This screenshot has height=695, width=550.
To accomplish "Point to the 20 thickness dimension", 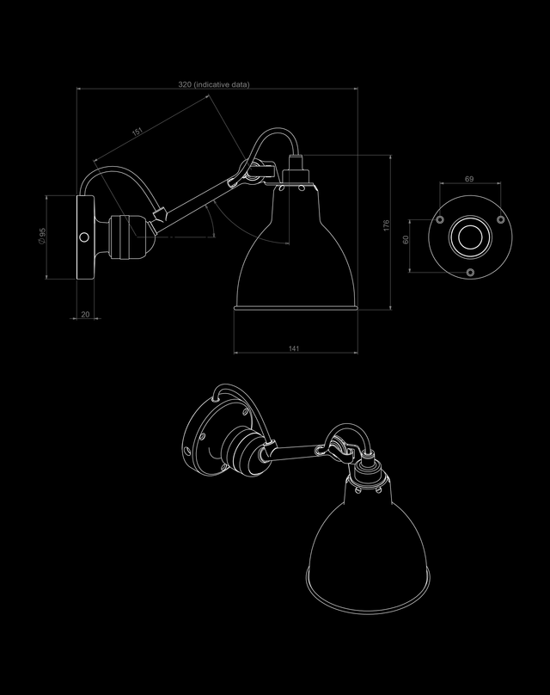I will tap(85, 315).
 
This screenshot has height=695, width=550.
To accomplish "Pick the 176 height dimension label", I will tap(386, 229).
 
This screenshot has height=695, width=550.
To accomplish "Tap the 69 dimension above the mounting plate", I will tap(469, 179).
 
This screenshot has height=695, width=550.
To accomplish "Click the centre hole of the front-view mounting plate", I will tap(469, 237).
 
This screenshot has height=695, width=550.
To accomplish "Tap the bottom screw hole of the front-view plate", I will tap(469, 272).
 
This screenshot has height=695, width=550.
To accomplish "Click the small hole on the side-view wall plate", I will tap(83, 236).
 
